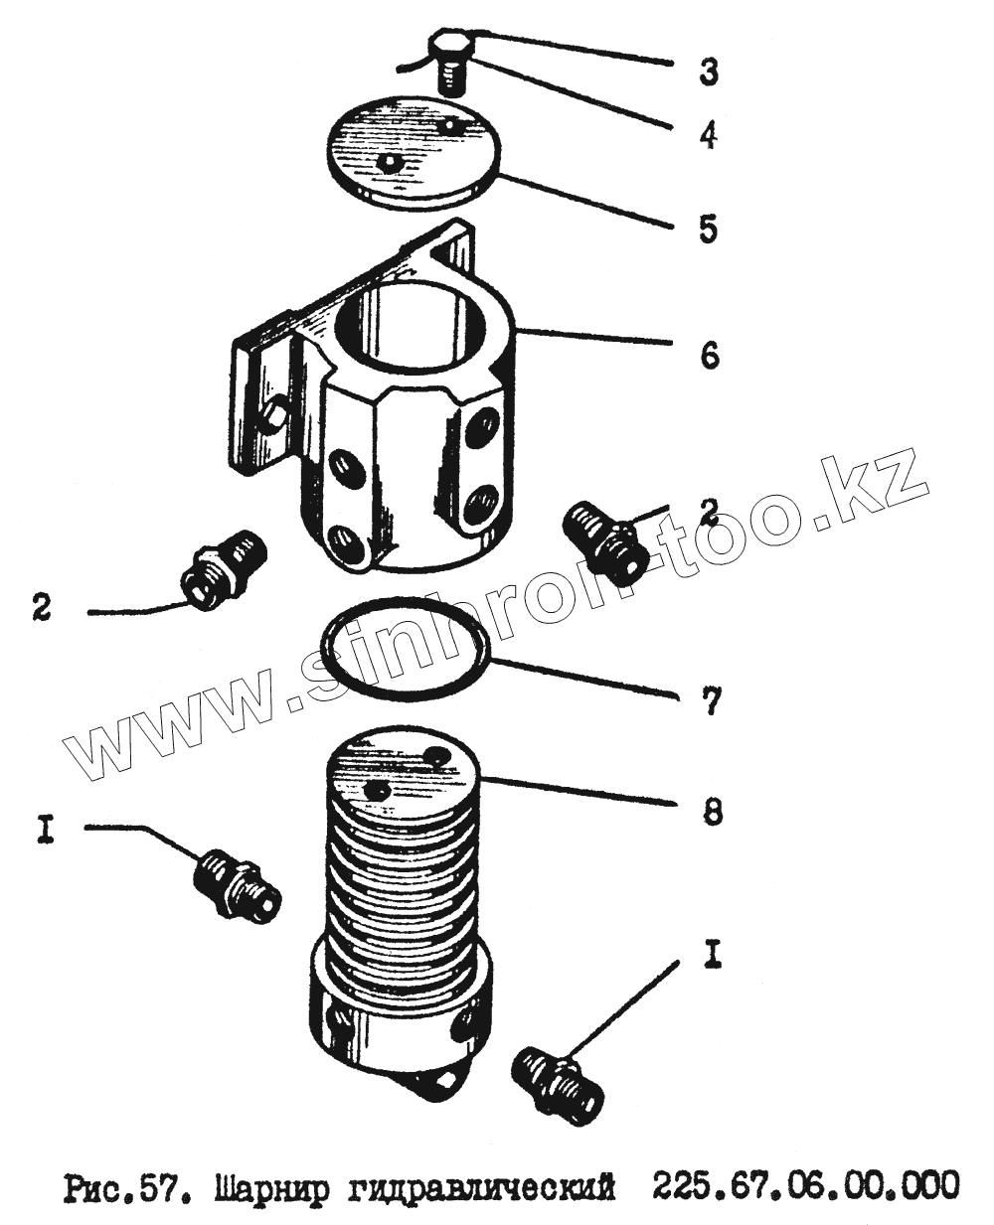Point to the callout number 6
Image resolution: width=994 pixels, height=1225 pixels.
pyautogui.click(x=709, y=354)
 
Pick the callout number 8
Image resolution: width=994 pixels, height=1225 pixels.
pyautogui.click(x=710, y=814)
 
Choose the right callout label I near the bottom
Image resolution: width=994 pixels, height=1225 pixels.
pyautogui.click(x=713, y=956)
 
